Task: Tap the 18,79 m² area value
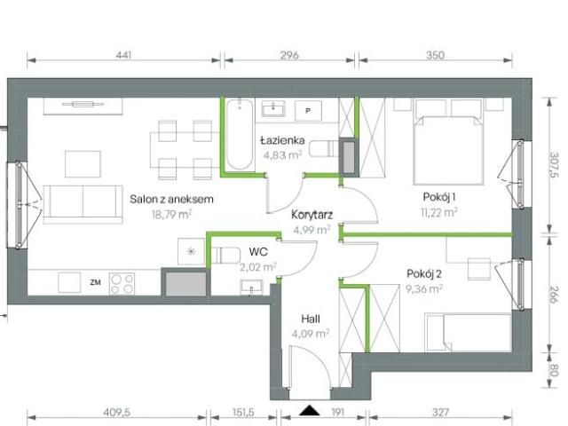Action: (x=171, y=213)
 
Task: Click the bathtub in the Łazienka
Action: (x=239, y=137)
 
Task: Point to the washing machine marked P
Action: (x=308, y=111)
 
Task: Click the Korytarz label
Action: (x=311, y=214)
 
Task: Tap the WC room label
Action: (x=257, y=251)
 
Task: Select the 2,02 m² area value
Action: (x=258, y=264)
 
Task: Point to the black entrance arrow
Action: (x=309, y=410)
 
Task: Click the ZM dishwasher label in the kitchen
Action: (x=95, y=283)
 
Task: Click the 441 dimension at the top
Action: (x=123, y=56)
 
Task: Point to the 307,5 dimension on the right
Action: (x=554, y=165)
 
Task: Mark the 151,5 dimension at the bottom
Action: (x=243, y=412)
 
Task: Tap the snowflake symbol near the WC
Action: (x=192, y=252)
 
